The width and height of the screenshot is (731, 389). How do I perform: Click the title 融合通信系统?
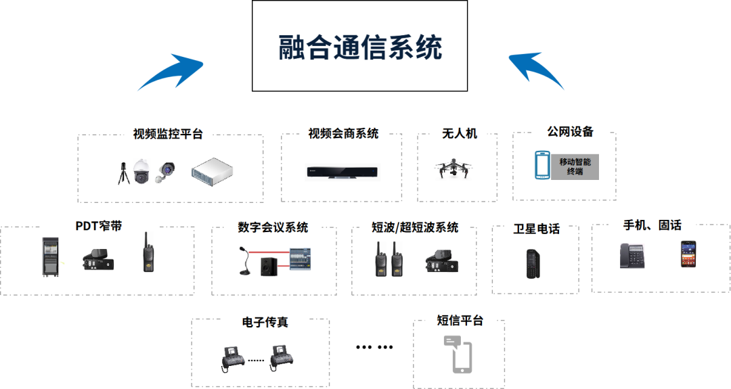point(361,47)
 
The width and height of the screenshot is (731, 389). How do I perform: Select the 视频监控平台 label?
point(169,133)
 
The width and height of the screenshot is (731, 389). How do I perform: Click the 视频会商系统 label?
point(343,133)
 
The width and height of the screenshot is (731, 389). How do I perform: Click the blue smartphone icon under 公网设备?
point(542,165)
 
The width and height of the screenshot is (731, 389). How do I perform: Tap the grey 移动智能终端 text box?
point(575,166)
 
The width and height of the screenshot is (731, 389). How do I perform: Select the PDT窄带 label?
point(99,226)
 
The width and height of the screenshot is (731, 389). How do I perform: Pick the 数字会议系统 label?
point(273,227)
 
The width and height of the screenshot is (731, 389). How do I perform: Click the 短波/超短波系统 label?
point(415,227)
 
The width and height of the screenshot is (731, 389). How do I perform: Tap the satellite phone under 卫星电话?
point(533,264)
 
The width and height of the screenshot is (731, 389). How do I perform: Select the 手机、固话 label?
point(652,225)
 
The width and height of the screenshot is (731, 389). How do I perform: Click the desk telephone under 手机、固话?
point(632,256)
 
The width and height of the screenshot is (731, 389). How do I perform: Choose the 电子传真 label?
point(265,322)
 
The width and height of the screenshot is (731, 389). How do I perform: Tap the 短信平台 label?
point(460,320)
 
